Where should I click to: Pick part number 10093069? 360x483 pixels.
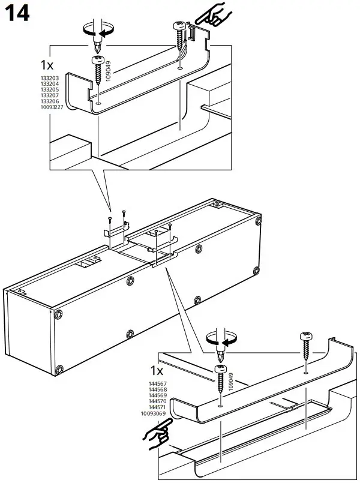(x=155, y=413)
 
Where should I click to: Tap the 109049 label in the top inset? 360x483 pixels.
(x=109, y=70)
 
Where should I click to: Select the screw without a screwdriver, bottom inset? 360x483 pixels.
(x=305, y=348)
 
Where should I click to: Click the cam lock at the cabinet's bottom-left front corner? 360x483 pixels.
(x=58, y=370)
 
